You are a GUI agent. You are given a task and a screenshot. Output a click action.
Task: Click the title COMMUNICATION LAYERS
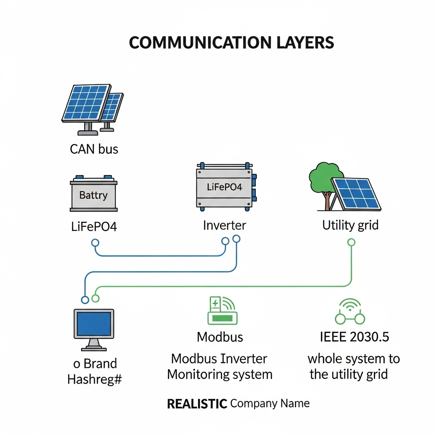pyautogui.click(x=231, y=43)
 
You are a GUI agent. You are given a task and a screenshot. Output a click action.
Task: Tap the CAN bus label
pyautogui.click(x=94, y=149)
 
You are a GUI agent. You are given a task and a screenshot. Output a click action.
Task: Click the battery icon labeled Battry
pyautogui.click(x=93, y=194)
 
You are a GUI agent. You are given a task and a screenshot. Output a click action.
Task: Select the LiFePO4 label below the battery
pyautogui.click(x=93, y=226)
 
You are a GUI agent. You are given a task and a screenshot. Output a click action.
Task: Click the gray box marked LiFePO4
pyautogui.click(x=224, y=187)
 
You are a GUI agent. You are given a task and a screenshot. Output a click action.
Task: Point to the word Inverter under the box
pyautogui.click(x=224, y=225)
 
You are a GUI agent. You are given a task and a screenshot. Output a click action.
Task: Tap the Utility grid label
pyautogui.click(x=350, y=225)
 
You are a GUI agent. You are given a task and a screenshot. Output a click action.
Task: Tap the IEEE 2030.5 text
pyautogui.click(x=354, y=337)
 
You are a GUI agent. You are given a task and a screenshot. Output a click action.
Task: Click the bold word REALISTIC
pyautogui.click(x=196, y=404)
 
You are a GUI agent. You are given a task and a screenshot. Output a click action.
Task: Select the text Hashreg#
pyautogui.click(x=95, y=379)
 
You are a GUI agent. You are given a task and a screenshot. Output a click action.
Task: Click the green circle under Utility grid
pyautogui.click(x=351, y=242)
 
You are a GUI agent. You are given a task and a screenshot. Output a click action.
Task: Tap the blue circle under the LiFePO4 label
pyautogui.click(x=95, y=243)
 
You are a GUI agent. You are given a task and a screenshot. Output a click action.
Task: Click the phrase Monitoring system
pyautogui.click(x=219, y=375)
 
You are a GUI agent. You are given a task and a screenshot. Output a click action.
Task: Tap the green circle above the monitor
pyautogui.click(x=95, y=298)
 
